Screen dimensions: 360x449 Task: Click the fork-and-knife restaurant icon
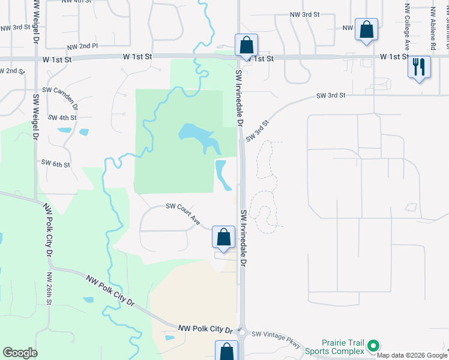click(x=419, y=66)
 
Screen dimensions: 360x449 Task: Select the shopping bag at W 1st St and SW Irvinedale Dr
click(x=246, y=45)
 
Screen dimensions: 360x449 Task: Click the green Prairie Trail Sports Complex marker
click(x=373, y=345)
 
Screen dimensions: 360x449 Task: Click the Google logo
click(x=20, y=353)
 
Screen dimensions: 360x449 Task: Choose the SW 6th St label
click(x=55, y=163)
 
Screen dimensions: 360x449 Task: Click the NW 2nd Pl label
click(x=82, y=46)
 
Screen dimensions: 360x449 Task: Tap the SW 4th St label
click(x=62, y=118)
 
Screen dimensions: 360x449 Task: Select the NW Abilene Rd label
click(x=433, y=26)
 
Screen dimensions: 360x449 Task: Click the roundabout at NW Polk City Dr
click(x=242, y=330)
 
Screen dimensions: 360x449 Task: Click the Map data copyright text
click(x=412, y=355)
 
